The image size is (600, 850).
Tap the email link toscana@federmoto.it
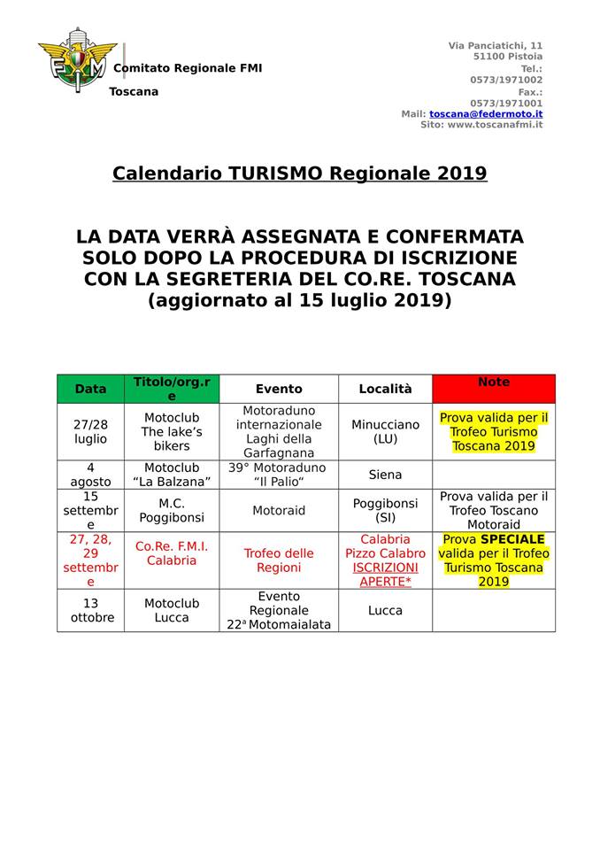tap(486, 114)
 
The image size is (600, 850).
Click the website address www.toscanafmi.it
tap(495, 125)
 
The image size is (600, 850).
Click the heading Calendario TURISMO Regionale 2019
tap(299, 173)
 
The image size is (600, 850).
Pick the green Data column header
tap(90, 389)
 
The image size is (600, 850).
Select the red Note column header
tap(493, 382)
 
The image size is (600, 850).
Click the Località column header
tap(385, 389)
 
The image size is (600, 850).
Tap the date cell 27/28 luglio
tap(90, 431)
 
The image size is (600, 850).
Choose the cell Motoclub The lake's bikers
tap(172, 431)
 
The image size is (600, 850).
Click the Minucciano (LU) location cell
tap(385, 431)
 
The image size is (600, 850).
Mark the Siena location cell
tap(385, 475)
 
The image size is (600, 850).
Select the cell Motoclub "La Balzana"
tap(172, 475)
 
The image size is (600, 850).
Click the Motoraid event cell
tap(279, 510)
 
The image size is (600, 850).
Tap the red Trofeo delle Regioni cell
tap(279, 560)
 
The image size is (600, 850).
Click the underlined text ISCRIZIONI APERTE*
tap(385, 575)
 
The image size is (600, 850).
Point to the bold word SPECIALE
tap(513, 539)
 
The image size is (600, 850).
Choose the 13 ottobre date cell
tap(90, 610)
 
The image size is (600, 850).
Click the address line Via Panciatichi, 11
tap(496, 45)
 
